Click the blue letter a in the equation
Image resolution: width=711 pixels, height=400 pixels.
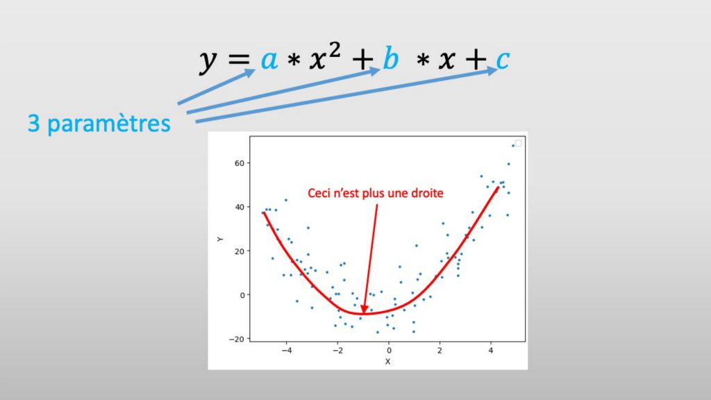(269, 60)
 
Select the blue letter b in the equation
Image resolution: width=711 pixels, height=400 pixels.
(391, 58)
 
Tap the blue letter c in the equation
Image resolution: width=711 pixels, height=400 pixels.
(503, 60)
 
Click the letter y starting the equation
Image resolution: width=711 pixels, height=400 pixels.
(208, 62)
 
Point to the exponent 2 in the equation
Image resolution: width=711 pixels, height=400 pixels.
(334, 50)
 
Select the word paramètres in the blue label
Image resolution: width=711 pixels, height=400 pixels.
(109, 124)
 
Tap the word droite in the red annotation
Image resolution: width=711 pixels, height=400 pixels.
(427, 193)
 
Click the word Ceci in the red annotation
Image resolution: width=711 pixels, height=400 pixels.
(317, 193)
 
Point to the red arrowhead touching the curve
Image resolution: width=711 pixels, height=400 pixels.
(364, 309)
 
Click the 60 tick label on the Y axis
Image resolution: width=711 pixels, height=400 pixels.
(240, 163)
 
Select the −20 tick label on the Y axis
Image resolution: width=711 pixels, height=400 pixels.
(236, 339)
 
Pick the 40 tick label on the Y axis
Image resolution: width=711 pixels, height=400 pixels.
(240, 207)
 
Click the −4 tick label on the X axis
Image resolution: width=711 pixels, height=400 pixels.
(287, 351)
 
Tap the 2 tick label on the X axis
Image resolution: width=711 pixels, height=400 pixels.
(440, 351)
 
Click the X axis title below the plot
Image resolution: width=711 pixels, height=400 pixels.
(387, 361)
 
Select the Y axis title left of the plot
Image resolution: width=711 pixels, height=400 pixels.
(220, 239)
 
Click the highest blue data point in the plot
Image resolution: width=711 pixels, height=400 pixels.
(513, 146)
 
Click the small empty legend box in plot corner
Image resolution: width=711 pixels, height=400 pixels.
(518, 143)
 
